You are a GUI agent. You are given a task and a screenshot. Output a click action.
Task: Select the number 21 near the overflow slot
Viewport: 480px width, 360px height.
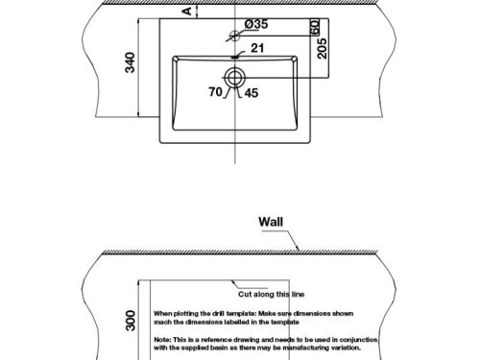tap(257, 47)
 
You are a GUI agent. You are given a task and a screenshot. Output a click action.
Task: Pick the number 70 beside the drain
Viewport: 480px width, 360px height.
tap(215, 93)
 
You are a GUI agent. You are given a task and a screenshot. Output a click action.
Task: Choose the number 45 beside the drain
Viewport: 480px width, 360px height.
tap(252, 93)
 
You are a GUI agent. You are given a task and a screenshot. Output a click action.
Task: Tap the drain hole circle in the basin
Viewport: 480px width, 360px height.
tap(234, 76)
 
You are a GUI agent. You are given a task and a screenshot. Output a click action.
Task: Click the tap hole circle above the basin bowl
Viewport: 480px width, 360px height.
tap(234, 36)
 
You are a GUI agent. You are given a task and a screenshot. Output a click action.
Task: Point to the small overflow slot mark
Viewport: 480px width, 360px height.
tap(234, 55)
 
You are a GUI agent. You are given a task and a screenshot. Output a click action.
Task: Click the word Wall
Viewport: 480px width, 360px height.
tap(272, 222)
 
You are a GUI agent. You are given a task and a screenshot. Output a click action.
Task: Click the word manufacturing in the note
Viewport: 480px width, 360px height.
tap(310, 348)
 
